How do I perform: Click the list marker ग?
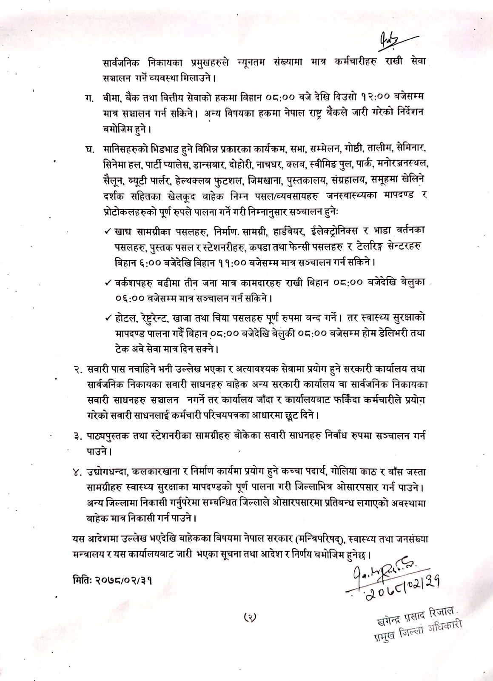(x=89, y=98)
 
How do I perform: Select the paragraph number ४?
(x=78, y=472)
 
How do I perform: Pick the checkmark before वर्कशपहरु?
(x=108, y=282)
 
